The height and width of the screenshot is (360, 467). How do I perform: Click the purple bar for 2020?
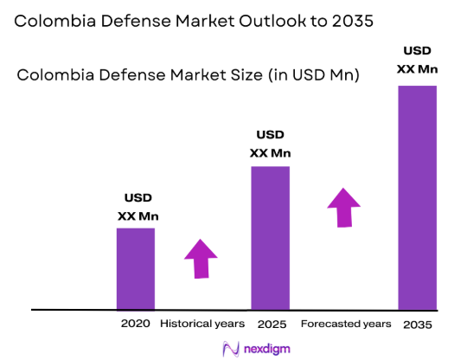(136, 268)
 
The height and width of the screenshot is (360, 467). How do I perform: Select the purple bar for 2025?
(270, 237)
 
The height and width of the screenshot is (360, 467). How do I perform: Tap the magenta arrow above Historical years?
(202, 257)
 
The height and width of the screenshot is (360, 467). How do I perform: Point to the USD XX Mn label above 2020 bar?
(138, 209)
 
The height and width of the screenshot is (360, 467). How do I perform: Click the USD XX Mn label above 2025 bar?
(270, 145)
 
